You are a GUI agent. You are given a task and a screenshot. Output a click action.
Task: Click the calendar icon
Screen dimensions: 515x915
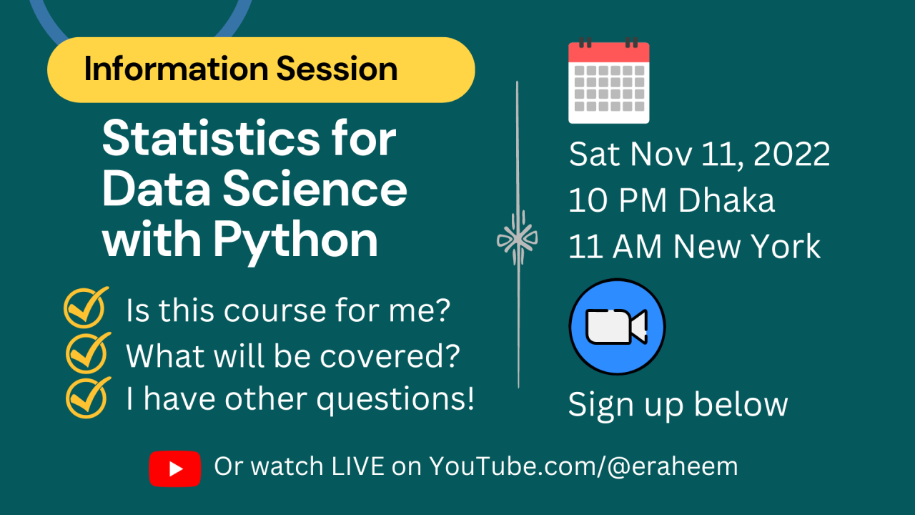click(x=609, y=82)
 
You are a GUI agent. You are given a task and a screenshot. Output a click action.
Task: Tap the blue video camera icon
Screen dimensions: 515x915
click(x=617, y=327)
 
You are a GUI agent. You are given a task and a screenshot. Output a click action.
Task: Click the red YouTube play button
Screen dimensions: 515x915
click(x=174, y=469)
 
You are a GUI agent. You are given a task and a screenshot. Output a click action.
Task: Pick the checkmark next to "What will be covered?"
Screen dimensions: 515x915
click(x=88, y=353)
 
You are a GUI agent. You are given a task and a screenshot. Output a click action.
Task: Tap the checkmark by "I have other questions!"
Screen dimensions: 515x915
click(x=88, y=397)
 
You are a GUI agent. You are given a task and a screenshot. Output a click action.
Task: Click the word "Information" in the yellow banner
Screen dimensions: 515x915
click(x=175, y=69)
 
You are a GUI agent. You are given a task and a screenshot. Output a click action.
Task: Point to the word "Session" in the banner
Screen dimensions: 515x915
click(x=337, y=69)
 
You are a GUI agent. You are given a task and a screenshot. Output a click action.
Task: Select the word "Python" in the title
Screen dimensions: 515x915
click(x=295, y=241)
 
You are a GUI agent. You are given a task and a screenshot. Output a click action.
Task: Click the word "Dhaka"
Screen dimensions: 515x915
click(x=726, y=201)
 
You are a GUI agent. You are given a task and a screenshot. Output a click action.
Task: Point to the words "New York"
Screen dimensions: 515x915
click(x=747, y=247)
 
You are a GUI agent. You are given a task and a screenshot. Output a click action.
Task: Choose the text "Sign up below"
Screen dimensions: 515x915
click(x=678, y=405)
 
